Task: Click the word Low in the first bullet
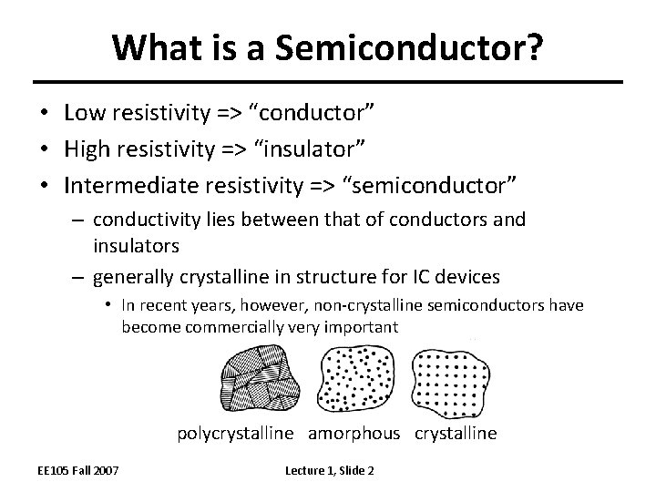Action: click(84, 112)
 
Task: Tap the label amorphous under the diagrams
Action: click(354, 434)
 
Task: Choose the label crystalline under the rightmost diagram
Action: click(456, 434)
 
